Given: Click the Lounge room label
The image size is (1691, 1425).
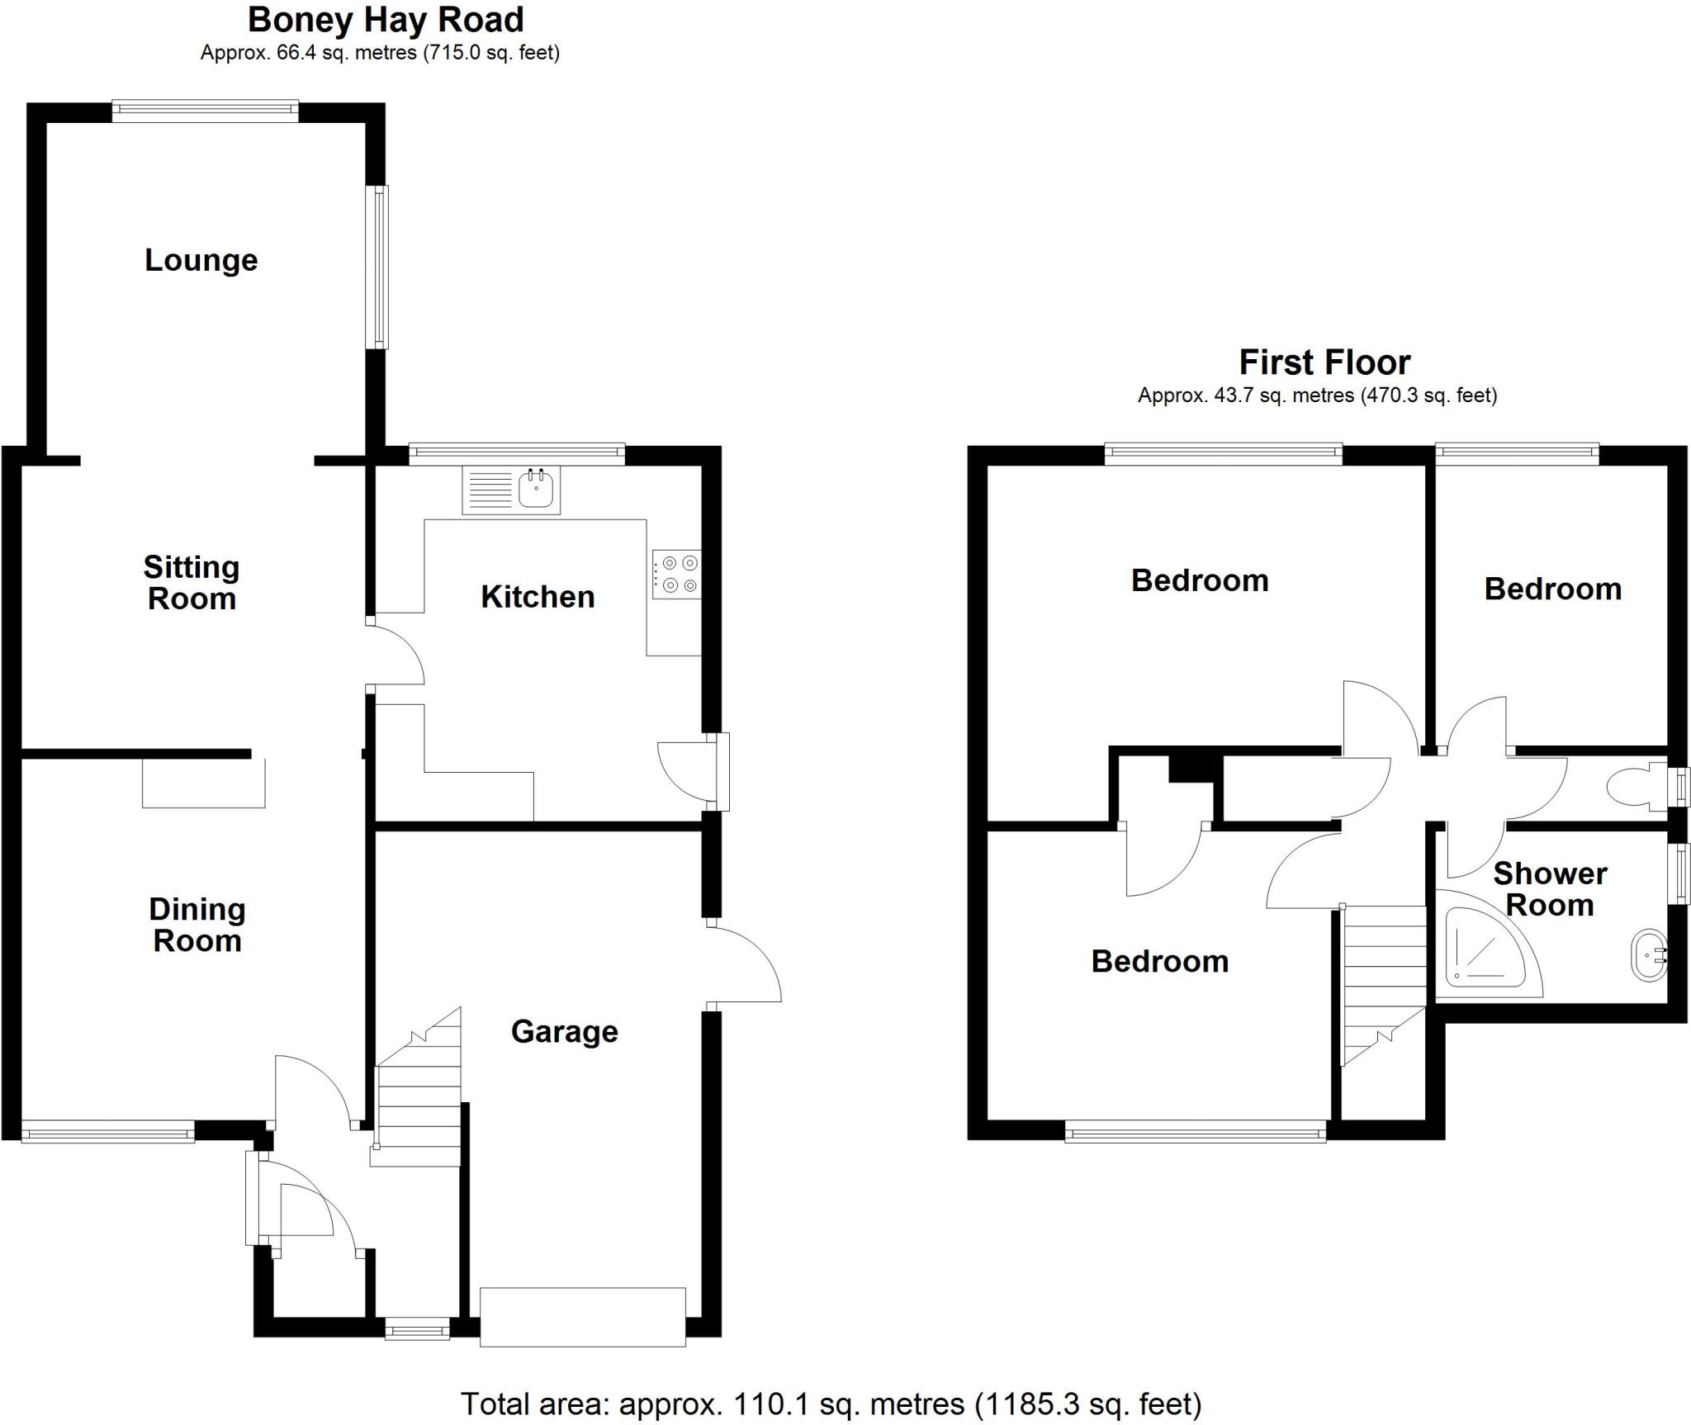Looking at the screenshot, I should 201,261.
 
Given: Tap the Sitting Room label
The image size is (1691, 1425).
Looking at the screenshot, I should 192,583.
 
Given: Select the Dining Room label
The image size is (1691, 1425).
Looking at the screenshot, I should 197,926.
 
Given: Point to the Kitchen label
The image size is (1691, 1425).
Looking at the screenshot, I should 538,597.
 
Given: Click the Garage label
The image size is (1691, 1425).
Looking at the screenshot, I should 565,1032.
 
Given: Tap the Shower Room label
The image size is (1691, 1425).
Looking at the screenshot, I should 1550,889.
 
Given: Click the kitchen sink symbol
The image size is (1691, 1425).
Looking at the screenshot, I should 536,489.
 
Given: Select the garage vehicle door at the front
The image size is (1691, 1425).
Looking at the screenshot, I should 583,1316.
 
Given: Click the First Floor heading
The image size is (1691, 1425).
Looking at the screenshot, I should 1324,362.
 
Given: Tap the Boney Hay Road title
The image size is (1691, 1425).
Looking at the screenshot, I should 386,20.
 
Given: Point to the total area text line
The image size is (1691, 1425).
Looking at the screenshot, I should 831,1404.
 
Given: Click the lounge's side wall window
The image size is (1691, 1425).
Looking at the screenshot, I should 378,267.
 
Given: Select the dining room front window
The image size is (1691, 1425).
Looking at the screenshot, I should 108,1131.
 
